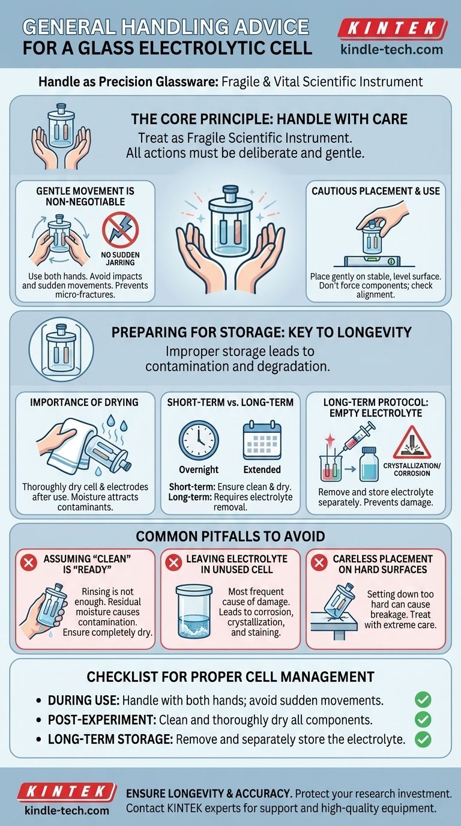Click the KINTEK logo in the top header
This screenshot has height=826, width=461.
coord(393,28)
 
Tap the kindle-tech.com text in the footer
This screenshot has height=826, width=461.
coord(67,810)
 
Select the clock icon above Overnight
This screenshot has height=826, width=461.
coord(199,441)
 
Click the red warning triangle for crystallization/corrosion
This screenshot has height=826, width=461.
coord(412,442)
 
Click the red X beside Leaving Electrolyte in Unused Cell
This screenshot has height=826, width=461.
coord(173,563)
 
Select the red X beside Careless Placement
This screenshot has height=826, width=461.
coord(319,563)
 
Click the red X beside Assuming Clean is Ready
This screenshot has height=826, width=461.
coord(28,563)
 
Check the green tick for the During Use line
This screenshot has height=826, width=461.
coord(423,699)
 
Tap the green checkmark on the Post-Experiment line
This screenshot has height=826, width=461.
coord(423,719)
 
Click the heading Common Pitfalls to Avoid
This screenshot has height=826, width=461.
coord(230,536)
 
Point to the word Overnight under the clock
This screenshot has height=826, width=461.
coord(199,469)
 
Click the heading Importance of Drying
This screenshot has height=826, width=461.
coord(84,402)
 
